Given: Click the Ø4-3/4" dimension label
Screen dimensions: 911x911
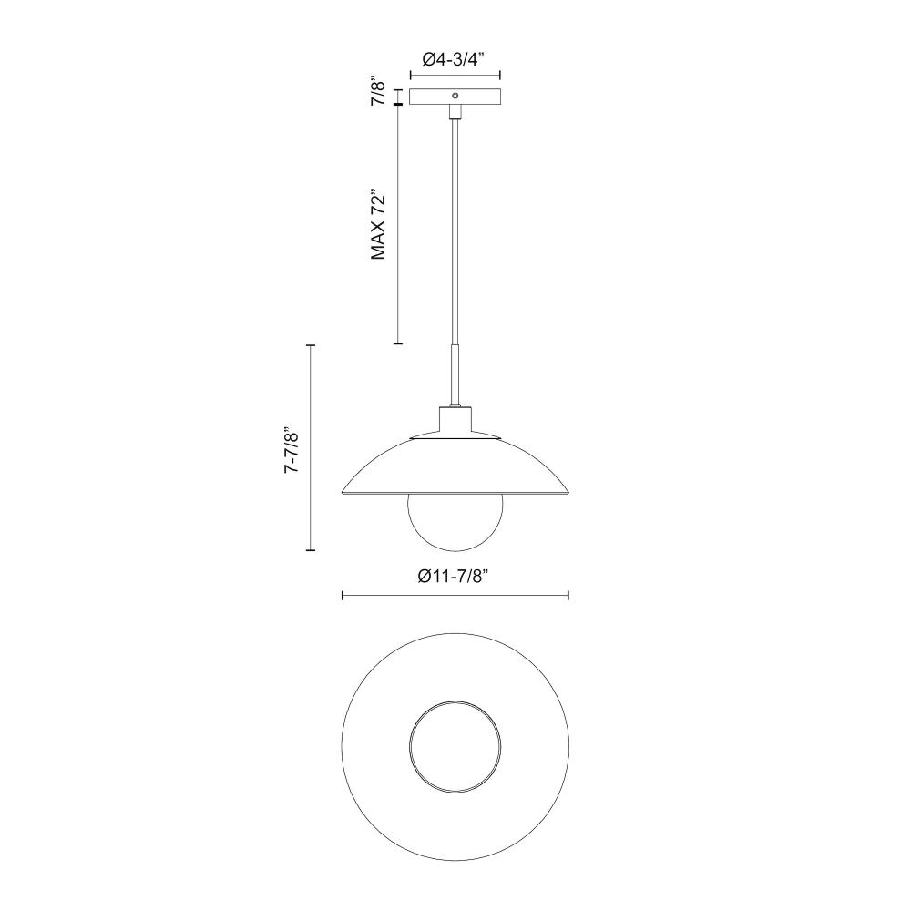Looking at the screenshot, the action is [x=453, y=59].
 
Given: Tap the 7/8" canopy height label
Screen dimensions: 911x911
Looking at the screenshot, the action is [x=378, y=90].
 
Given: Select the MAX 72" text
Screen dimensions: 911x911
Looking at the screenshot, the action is [x=378, y=224].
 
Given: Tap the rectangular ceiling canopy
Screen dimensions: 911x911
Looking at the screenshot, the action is [x=455, y=97].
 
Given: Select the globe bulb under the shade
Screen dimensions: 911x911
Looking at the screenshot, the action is [x=455, y=522].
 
